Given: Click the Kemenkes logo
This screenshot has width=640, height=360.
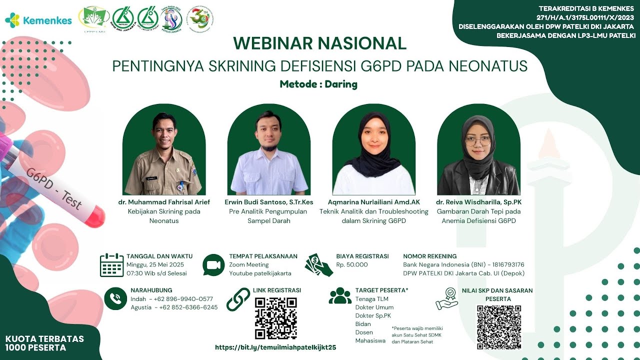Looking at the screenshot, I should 38,20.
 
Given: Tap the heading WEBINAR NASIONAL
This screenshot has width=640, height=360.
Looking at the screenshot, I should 319,43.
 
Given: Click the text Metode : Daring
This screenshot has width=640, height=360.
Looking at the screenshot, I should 318,84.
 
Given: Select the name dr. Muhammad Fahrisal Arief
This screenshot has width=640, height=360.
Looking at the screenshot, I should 164,202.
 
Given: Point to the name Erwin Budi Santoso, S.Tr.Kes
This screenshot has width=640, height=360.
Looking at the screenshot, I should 269,202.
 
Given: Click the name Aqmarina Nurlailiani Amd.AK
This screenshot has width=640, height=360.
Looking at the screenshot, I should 373,202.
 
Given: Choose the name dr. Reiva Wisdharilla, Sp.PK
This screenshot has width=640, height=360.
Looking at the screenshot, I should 478,202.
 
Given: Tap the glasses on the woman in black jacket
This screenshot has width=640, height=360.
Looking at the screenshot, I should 478,141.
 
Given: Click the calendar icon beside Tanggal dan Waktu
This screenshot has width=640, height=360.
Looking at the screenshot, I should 111,265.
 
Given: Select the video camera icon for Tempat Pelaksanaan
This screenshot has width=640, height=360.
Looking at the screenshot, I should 213,265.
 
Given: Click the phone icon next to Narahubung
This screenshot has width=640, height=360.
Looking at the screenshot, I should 115,298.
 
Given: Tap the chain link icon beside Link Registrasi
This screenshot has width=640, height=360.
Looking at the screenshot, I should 238,299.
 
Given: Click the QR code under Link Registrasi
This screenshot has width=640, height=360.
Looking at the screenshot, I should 275,318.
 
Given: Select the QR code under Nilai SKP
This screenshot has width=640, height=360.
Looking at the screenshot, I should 498,327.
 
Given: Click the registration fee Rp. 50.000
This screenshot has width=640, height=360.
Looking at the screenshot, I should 351,265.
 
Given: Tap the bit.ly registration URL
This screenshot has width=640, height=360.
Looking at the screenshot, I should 275,347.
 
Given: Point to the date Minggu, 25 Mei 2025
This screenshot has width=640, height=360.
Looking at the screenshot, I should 155,265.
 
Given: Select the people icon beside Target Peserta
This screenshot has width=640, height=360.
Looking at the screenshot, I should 340,296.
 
